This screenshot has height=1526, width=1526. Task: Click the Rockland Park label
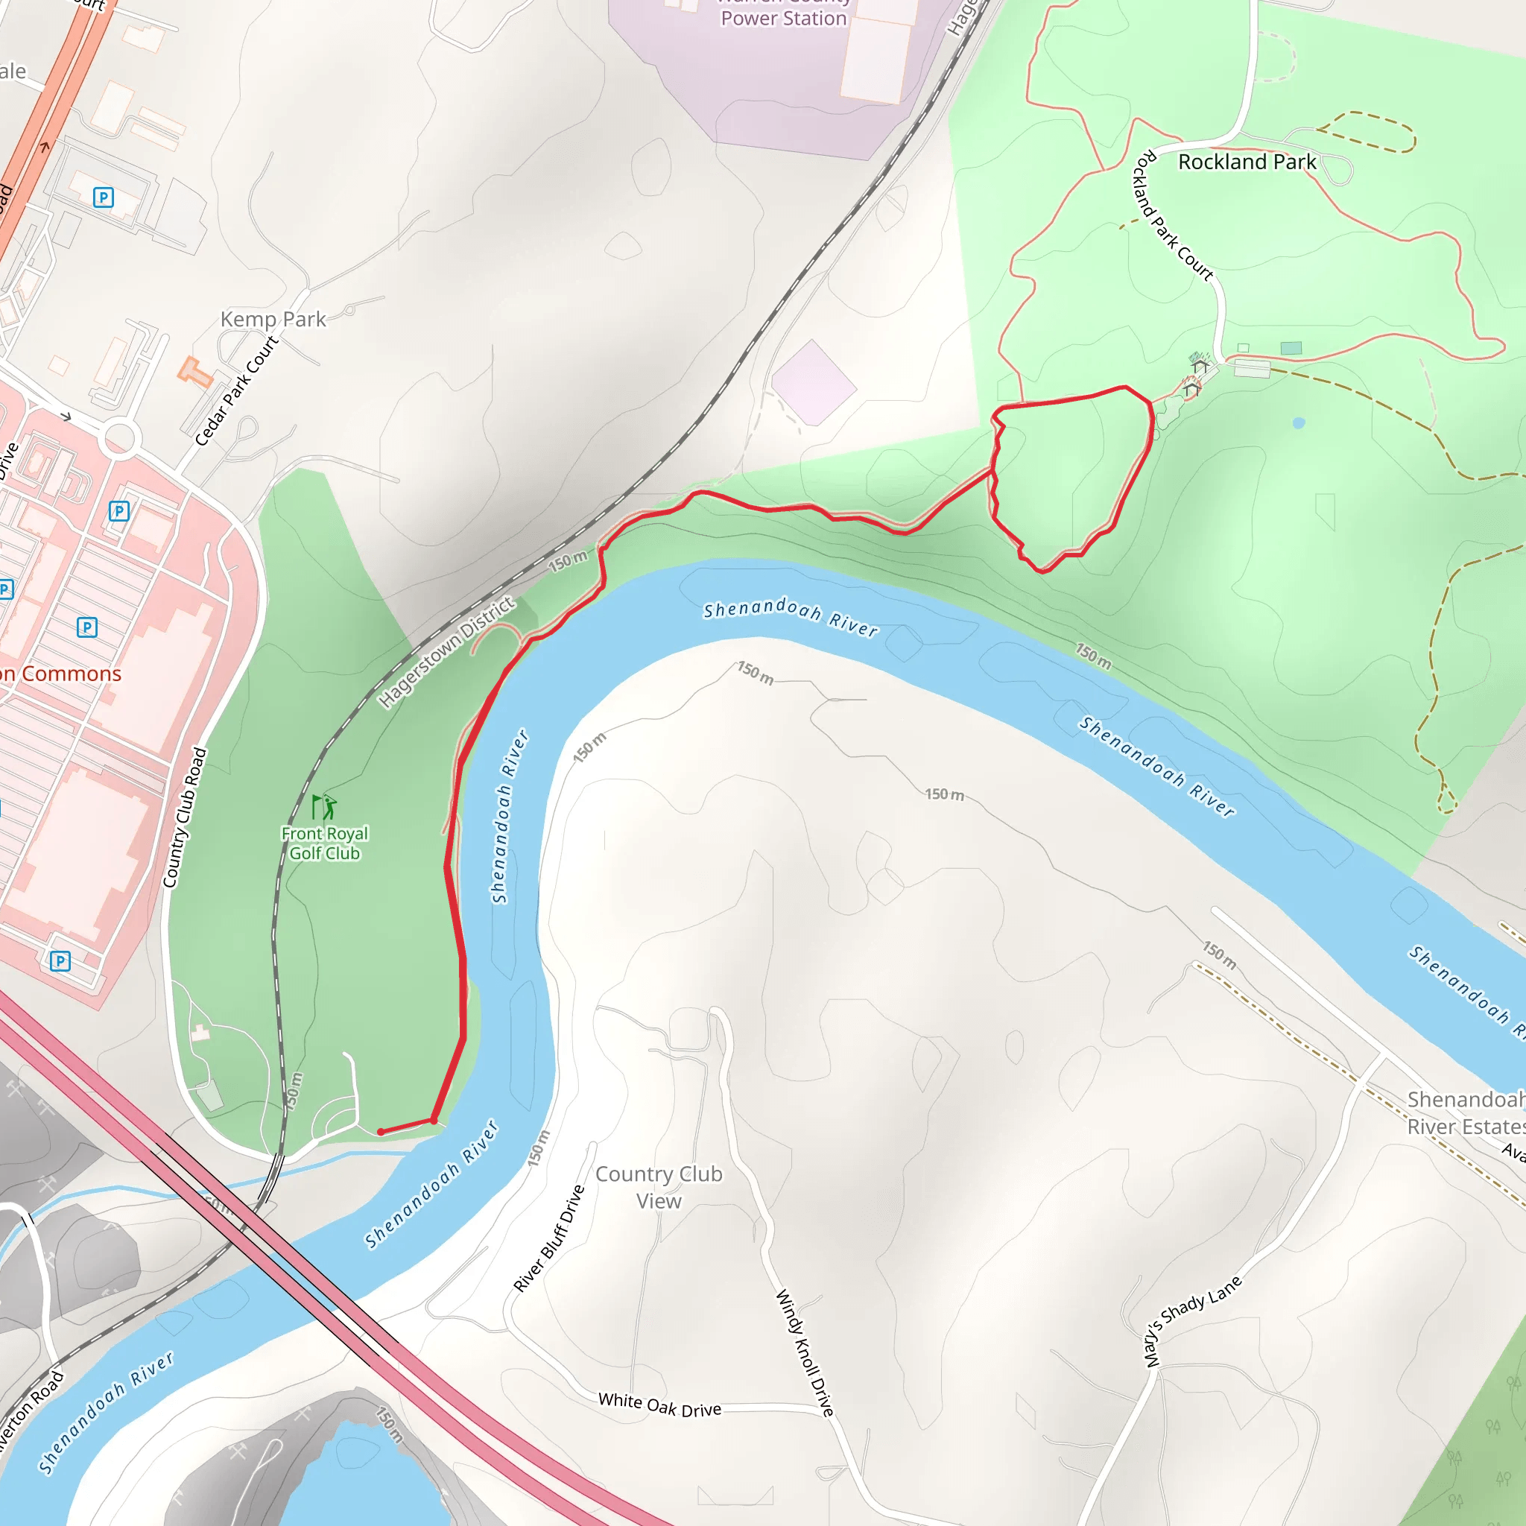click(1247, 162)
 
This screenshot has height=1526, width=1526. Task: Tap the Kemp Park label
click(273, 319)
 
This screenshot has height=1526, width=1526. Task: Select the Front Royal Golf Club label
click(325, 843)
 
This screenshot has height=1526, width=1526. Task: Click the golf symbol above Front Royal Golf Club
click(325, 806)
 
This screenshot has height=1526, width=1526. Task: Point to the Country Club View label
click(659, 1187)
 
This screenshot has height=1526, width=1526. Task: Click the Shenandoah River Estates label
click(1466, 1113)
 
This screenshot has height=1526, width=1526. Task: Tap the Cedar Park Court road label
click(237, 391)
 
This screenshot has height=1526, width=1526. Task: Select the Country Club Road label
click(185, 817)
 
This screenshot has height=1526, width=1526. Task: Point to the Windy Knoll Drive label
click(805, 1353)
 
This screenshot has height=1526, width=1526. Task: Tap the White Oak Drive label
click(659, 1405)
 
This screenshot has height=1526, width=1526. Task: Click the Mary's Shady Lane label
click(1193, 1320)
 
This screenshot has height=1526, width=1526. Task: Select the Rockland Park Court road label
click(1173, 215)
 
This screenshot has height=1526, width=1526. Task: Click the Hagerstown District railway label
click(446, 653)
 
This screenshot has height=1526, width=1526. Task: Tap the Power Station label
click(783, 17)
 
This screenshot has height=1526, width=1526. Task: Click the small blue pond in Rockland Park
click(1299, 423)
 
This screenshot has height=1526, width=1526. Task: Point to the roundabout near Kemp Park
click(120, 438)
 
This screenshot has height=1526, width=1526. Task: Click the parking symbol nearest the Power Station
click(104, 197)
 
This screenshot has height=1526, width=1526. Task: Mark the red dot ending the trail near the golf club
click(381, 1132)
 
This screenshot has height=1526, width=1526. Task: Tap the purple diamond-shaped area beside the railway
click(814, 383)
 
